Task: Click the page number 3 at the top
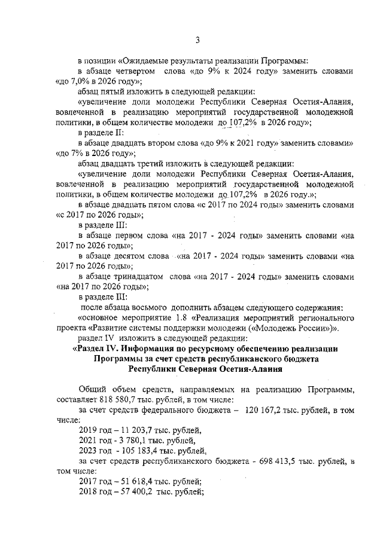click(197, 40)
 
